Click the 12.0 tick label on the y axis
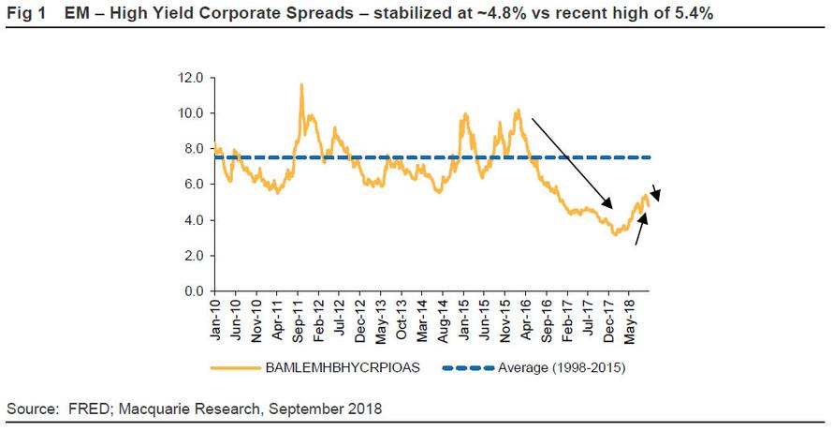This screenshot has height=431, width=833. tap(192, 78)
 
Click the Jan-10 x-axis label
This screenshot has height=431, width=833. tap(215, 318)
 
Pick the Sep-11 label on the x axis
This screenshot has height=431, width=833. tap(298, 318)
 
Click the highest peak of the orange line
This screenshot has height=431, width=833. tap(301, 84)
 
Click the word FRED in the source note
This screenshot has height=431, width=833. tap(86, 409)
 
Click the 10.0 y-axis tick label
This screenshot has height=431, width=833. tap(192, 113)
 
